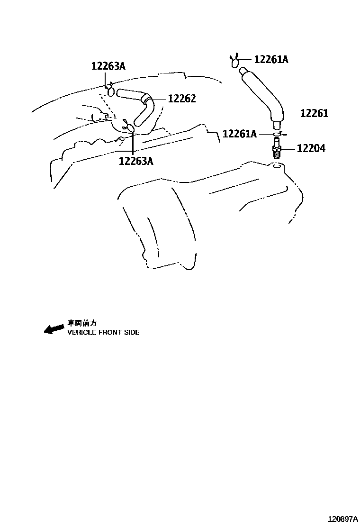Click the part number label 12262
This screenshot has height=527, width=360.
(181, 99)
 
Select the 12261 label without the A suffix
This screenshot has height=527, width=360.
(314, 114)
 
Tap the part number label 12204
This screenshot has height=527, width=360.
(311, 148)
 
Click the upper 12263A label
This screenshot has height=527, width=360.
(108, 66)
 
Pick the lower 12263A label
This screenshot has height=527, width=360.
(136, 161)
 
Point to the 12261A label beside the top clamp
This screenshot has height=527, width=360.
(271, 60)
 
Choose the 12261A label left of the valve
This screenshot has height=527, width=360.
(239, 134)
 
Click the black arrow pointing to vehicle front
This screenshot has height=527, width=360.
(54, 329)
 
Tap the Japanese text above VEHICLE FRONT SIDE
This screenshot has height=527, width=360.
(82, 323)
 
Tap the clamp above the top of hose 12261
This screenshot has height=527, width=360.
(235, 61)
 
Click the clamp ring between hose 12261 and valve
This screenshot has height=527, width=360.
(277, 135)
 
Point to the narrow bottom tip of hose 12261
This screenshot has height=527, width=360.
(276, 126)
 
